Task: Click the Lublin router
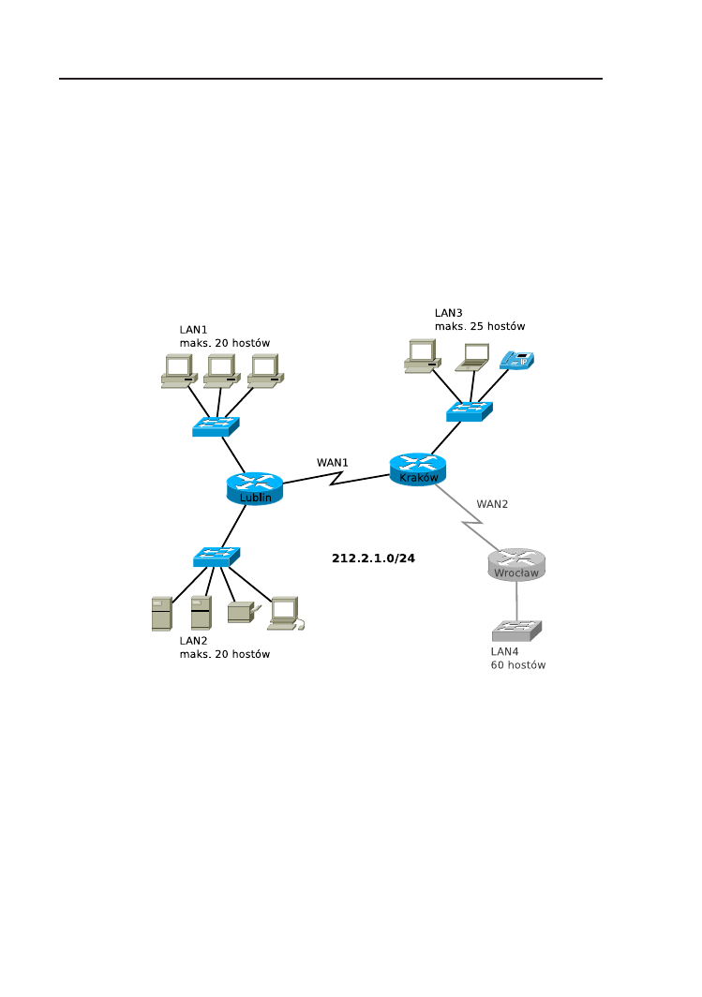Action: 255,488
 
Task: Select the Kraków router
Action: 418,469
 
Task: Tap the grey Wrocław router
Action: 516,564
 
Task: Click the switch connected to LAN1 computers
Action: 216,426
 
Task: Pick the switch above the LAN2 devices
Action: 217,557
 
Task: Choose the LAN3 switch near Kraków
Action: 469,410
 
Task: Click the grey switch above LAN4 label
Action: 516,630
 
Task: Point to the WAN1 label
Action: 332,463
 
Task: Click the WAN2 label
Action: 492,504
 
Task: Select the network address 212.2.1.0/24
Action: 373,558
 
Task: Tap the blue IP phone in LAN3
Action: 517,361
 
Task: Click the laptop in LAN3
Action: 472,356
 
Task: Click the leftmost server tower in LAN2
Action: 161,613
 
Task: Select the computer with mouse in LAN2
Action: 286,613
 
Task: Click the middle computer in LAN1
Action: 219,371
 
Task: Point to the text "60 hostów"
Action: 518,665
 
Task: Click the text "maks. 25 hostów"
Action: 479,326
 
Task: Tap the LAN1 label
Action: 193,330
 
